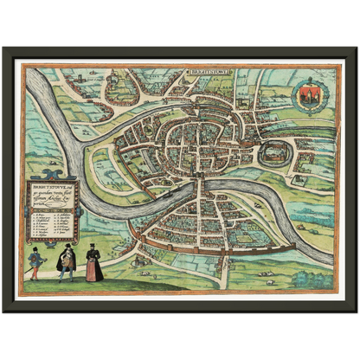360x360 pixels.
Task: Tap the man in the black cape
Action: pos(66,261)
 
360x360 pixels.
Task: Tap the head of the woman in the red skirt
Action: pos(93,250)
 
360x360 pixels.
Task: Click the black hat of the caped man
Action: pos(67,247)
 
